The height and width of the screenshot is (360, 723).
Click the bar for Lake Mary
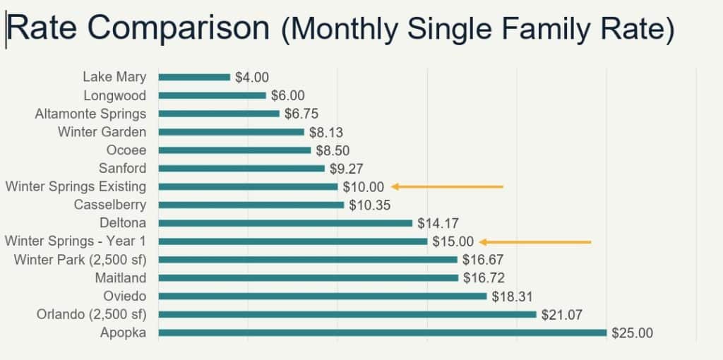pos(194,77)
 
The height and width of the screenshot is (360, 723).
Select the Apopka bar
pos(382,332)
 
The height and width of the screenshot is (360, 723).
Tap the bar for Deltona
pos(285,223)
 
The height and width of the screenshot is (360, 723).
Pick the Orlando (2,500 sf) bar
pos(347,314)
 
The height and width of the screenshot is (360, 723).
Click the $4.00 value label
pos(252,78)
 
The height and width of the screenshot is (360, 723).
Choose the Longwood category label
pos(115,95)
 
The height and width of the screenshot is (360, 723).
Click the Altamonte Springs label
pos(91,114)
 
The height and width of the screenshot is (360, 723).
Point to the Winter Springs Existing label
pos(76,186)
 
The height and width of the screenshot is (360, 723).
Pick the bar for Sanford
pos(241,168)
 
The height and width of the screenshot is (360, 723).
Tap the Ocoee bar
pos(234,150)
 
